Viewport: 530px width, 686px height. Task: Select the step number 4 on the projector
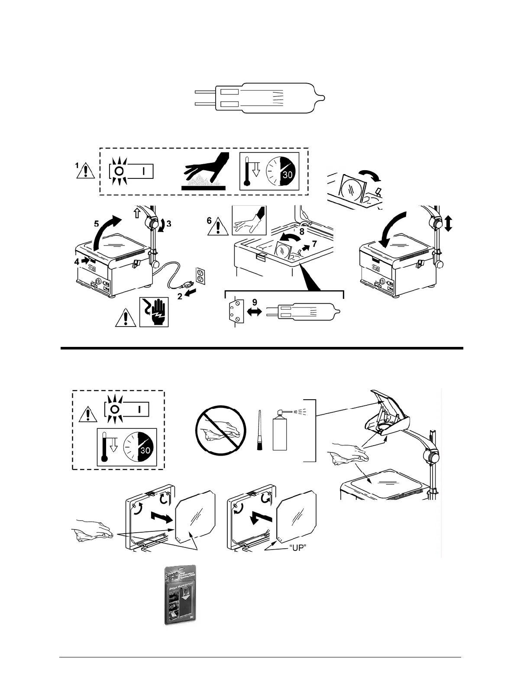tap(76, 261)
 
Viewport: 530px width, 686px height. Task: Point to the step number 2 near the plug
tap(180, 297)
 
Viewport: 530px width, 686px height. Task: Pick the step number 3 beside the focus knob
tap(169, 224)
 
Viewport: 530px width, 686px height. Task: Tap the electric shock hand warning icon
tap(154, 312)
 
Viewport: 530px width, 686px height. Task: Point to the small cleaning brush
tap(260, 431)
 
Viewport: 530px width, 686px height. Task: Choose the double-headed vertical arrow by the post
tap(449, 223)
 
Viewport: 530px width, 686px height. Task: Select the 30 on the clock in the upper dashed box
tap(288, 175)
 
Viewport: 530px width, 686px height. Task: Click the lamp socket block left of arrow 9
tap(235, 311)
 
